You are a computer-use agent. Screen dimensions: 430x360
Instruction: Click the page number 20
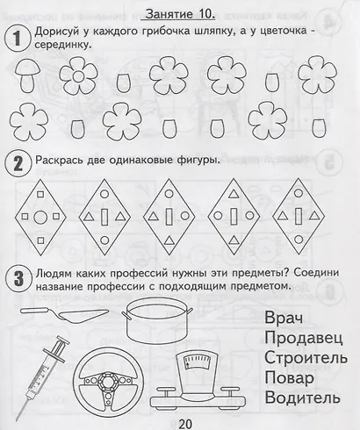(x=183, y=419)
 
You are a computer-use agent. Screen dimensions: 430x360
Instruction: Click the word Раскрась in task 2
(x=62, y=161)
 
